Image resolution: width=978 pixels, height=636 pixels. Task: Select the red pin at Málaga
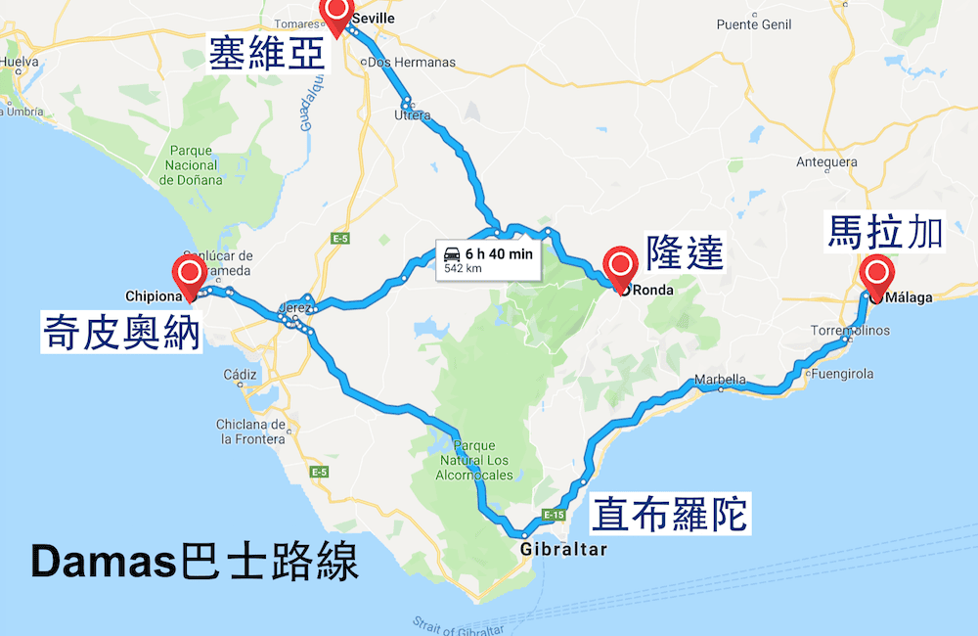[875, 275]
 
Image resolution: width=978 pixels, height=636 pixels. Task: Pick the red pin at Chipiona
[188, 274]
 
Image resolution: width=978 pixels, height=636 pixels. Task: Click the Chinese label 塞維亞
[267, 52]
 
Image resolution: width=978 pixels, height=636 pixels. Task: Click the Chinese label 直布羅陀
[671, 513]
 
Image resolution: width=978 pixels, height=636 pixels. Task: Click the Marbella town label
[720, 380]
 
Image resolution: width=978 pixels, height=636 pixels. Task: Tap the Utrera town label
[412, 115]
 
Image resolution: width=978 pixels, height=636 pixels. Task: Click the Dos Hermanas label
[411, 63]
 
